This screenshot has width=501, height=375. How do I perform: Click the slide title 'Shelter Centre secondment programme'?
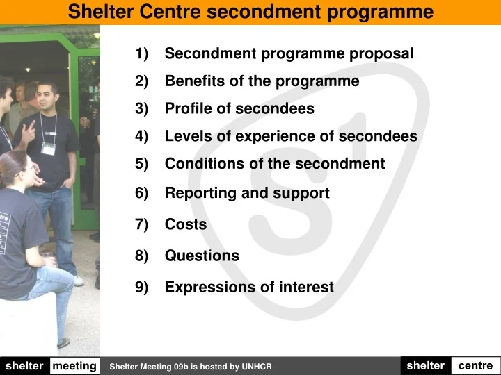coord(250,12)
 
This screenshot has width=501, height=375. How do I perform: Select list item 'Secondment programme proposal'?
coord(289,53)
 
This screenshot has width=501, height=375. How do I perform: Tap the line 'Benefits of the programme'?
coord(262,81)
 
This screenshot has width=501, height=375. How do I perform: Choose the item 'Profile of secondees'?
coord(239,109)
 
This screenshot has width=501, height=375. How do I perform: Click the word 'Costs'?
coord(186,224)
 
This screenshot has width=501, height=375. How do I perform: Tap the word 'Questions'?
coord(202,256)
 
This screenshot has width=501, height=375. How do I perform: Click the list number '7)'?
coord(142,224)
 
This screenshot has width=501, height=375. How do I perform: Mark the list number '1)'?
coord(142,53)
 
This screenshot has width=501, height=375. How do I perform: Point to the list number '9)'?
coord(142,287)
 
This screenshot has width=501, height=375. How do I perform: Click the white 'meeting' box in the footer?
coord(74,366)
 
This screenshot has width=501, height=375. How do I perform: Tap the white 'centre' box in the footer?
coord(475,365)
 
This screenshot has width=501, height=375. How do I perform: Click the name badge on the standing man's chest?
coord(48,147)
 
